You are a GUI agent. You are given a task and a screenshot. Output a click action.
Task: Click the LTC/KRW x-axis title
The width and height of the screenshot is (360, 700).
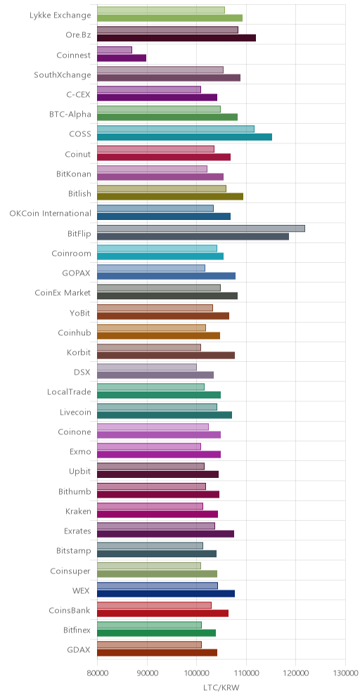(221, 688)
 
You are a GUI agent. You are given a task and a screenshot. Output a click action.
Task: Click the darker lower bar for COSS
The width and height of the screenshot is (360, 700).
(184, 137)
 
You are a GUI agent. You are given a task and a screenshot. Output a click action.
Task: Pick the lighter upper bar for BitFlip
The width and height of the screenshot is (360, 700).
(201, 228)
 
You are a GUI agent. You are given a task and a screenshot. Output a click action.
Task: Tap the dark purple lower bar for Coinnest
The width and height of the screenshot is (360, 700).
(122, 58)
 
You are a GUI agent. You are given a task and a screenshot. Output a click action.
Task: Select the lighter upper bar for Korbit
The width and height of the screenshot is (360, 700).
(149, 347)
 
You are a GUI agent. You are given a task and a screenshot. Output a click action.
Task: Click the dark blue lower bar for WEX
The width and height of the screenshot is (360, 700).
(166, 593)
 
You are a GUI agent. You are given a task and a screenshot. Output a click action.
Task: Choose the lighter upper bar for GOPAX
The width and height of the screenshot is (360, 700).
(151, 268)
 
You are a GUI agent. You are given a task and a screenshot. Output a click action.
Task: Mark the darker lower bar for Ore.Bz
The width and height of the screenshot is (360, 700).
(176, 38)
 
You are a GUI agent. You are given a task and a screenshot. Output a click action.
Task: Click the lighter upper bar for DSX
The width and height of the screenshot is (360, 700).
(147, 367)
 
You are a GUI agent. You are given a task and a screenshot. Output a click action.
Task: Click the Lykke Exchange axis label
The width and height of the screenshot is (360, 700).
(60, 15)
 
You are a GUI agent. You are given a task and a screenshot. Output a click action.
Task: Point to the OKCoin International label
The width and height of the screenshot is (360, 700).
(51, 214)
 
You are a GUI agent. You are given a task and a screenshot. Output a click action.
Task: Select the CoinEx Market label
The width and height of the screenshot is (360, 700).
(63, 293)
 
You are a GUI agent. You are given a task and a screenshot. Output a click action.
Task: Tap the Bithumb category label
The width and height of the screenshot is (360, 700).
(75, 491)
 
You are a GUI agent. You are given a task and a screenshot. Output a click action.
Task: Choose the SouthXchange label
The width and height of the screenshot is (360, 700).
(63, 74)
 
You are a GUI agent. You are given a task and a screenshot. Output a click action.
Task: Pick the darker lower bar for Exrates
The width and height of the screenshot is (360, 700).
(165, 534)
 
